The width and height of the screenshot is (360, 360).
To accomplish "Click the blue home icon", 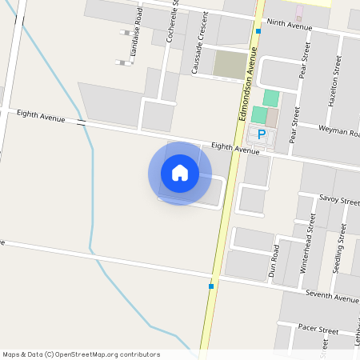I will coord(180,173).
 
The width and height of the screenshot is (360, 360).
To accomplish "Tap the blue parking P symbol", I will coord(261,134).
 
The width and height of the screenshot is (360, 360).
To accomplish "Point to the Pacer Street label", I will coord(318,330).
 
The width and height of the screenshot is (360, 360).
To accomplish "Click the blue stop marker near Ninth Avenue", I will coord(258,31).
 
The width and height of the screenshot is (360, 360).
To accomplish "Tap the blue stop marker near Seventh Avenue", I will coord(210,286).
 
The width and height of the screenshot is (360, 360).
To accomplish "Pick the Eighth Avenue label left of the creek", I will coord(41,117).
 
